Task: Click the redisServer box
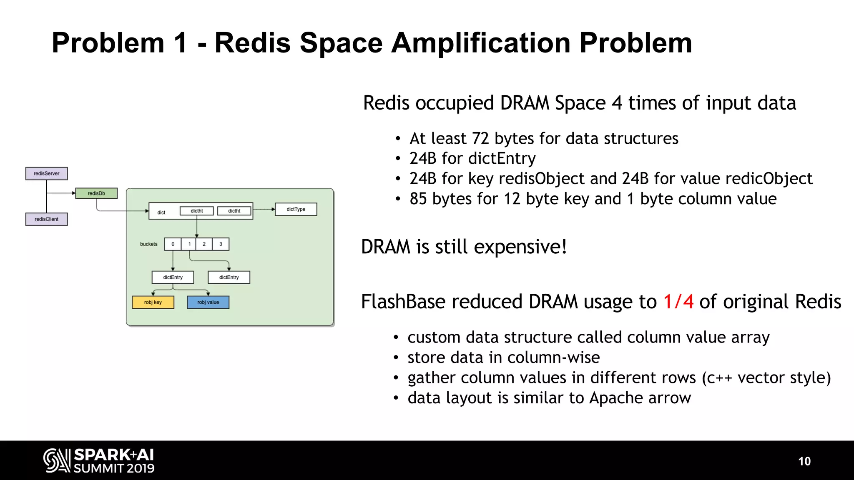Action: pos(46,173)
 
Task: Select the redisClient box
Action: pos(46,219)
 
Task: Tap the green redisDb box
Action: pos(96,193)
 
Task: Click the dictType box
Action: pos(296,209)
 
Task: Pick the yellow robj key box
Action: pos(153,302)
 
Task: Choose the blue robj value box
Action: pos(208,302)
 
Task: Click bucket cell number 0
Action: pos(173,244)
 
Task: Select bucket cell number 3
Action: pos(221,244)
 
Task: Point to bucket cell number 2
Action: pos(204,244)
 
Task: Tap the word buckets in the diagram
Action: pos(149,244)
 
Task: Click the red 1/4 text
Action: pos(678,301)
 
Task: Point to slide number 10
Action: pos(804,461)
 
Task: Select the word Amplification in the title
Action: pos(481,43)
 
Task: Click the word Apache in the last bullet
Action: pos(614,398)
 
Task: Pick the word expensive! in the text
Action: pos(520,247)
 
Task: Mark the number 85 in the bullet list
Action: pos(418,199)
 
